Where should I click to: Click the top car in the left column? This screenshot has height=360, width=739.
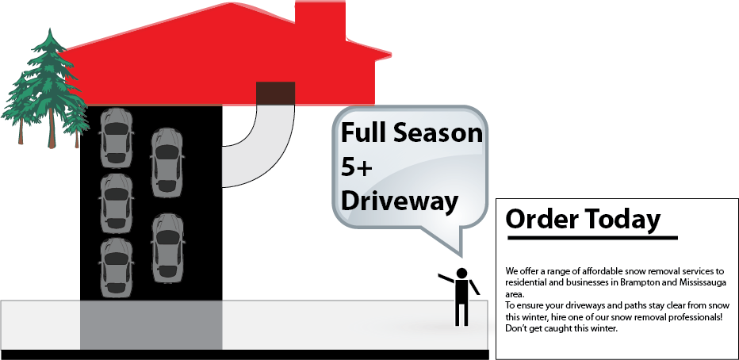[x=116, y=136]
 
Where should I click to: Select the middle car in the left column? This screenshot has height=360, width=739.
[x=116, y=202]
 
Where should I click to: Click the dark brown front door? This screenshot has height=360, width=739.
[x=274, y=93]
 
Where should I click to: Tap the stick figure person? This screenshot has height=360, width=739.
[x=461, y=297]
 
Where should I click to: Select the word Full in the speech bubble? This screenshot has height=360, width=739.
[x=363, y=132]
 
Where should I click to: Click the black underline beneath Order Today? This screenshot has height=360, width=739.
[x=592, y=237]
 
